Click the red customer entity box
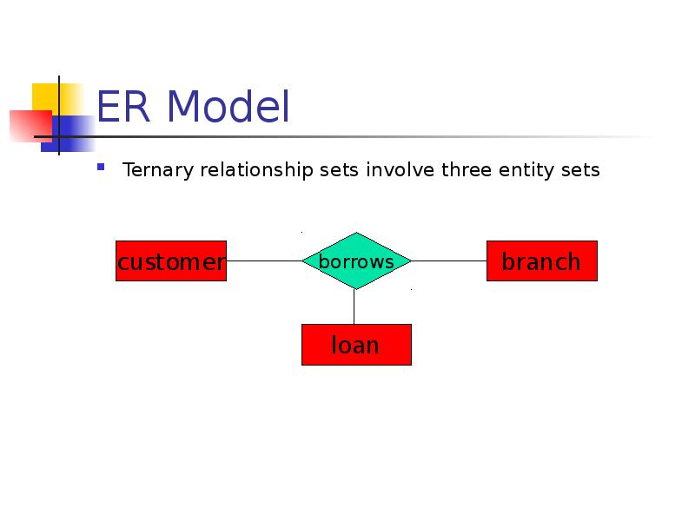[171, 261]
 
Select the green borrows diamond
[356, 261]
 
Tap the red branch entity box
[541, 261]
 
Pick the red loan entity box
[356, 345]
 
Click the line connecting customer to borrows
[264, 261]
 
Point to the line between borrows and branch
[449, 261]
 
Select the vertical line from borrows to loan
[354, 307]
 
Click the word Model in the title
[228, 106]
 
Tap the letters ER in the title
[123, 106]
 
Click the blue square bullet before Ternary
[101, 167]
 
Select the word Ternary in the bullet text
[158, 170]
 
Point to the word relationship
[256, 170]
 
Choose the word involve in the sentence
[400, 169]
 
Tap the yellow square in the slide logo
[57, 99]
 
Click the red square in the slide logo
[30, 126]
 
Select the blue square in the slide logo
[69, 134]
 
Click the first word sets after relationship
[339, 170]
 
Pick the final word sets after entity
[580, 170]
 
